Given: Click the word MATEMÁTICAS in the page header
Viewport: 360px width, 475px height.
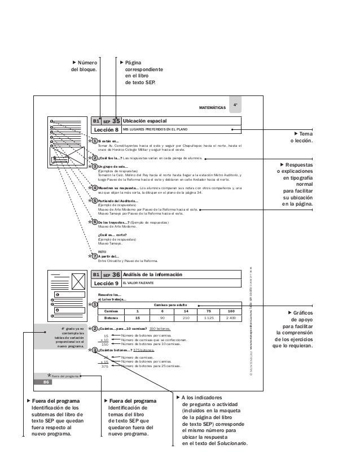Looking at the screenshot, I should [x=212, y=107].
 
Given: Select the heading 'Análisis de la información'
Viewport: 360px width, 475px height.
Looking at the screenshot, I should [x=152, y=274].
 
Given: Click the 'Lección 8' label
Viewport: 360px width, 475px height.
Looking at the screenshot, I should [x=106, y=129].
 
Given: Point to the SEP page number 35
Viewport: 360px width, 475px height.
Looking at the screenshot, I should [x=116, y=120].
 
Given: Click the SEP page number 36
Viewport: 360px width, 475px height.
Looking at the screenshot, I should [x=116, y=274].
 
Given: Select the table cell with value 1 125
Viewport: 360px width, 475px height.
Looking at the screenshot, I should [x=209, y=318].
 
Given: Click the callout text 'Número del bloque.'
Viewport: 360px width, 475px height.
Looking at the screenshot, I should [x=83, y=66].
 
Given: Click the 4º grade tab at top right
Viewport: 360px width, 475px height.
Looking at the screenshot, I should [x=237, y=105].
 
